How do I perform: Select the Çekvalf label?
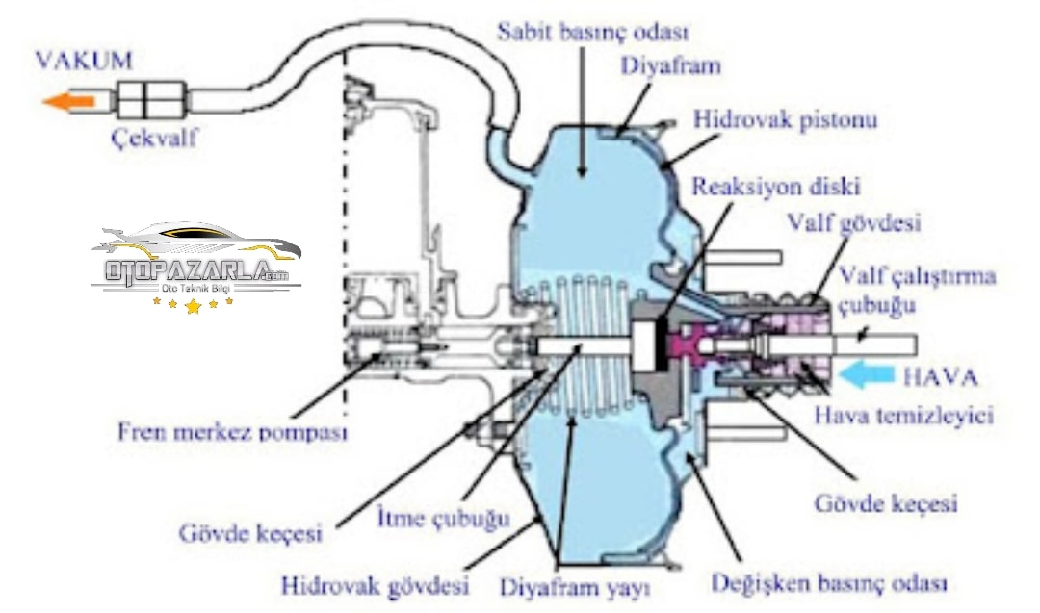(154, 138)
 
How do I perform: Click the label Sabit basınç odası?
(592, 32)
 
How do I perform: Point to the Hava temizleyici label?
(903, 416)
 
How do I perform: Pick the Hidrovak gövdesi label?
(375, 584)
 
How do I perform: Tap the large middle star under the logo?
(194, 307)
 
